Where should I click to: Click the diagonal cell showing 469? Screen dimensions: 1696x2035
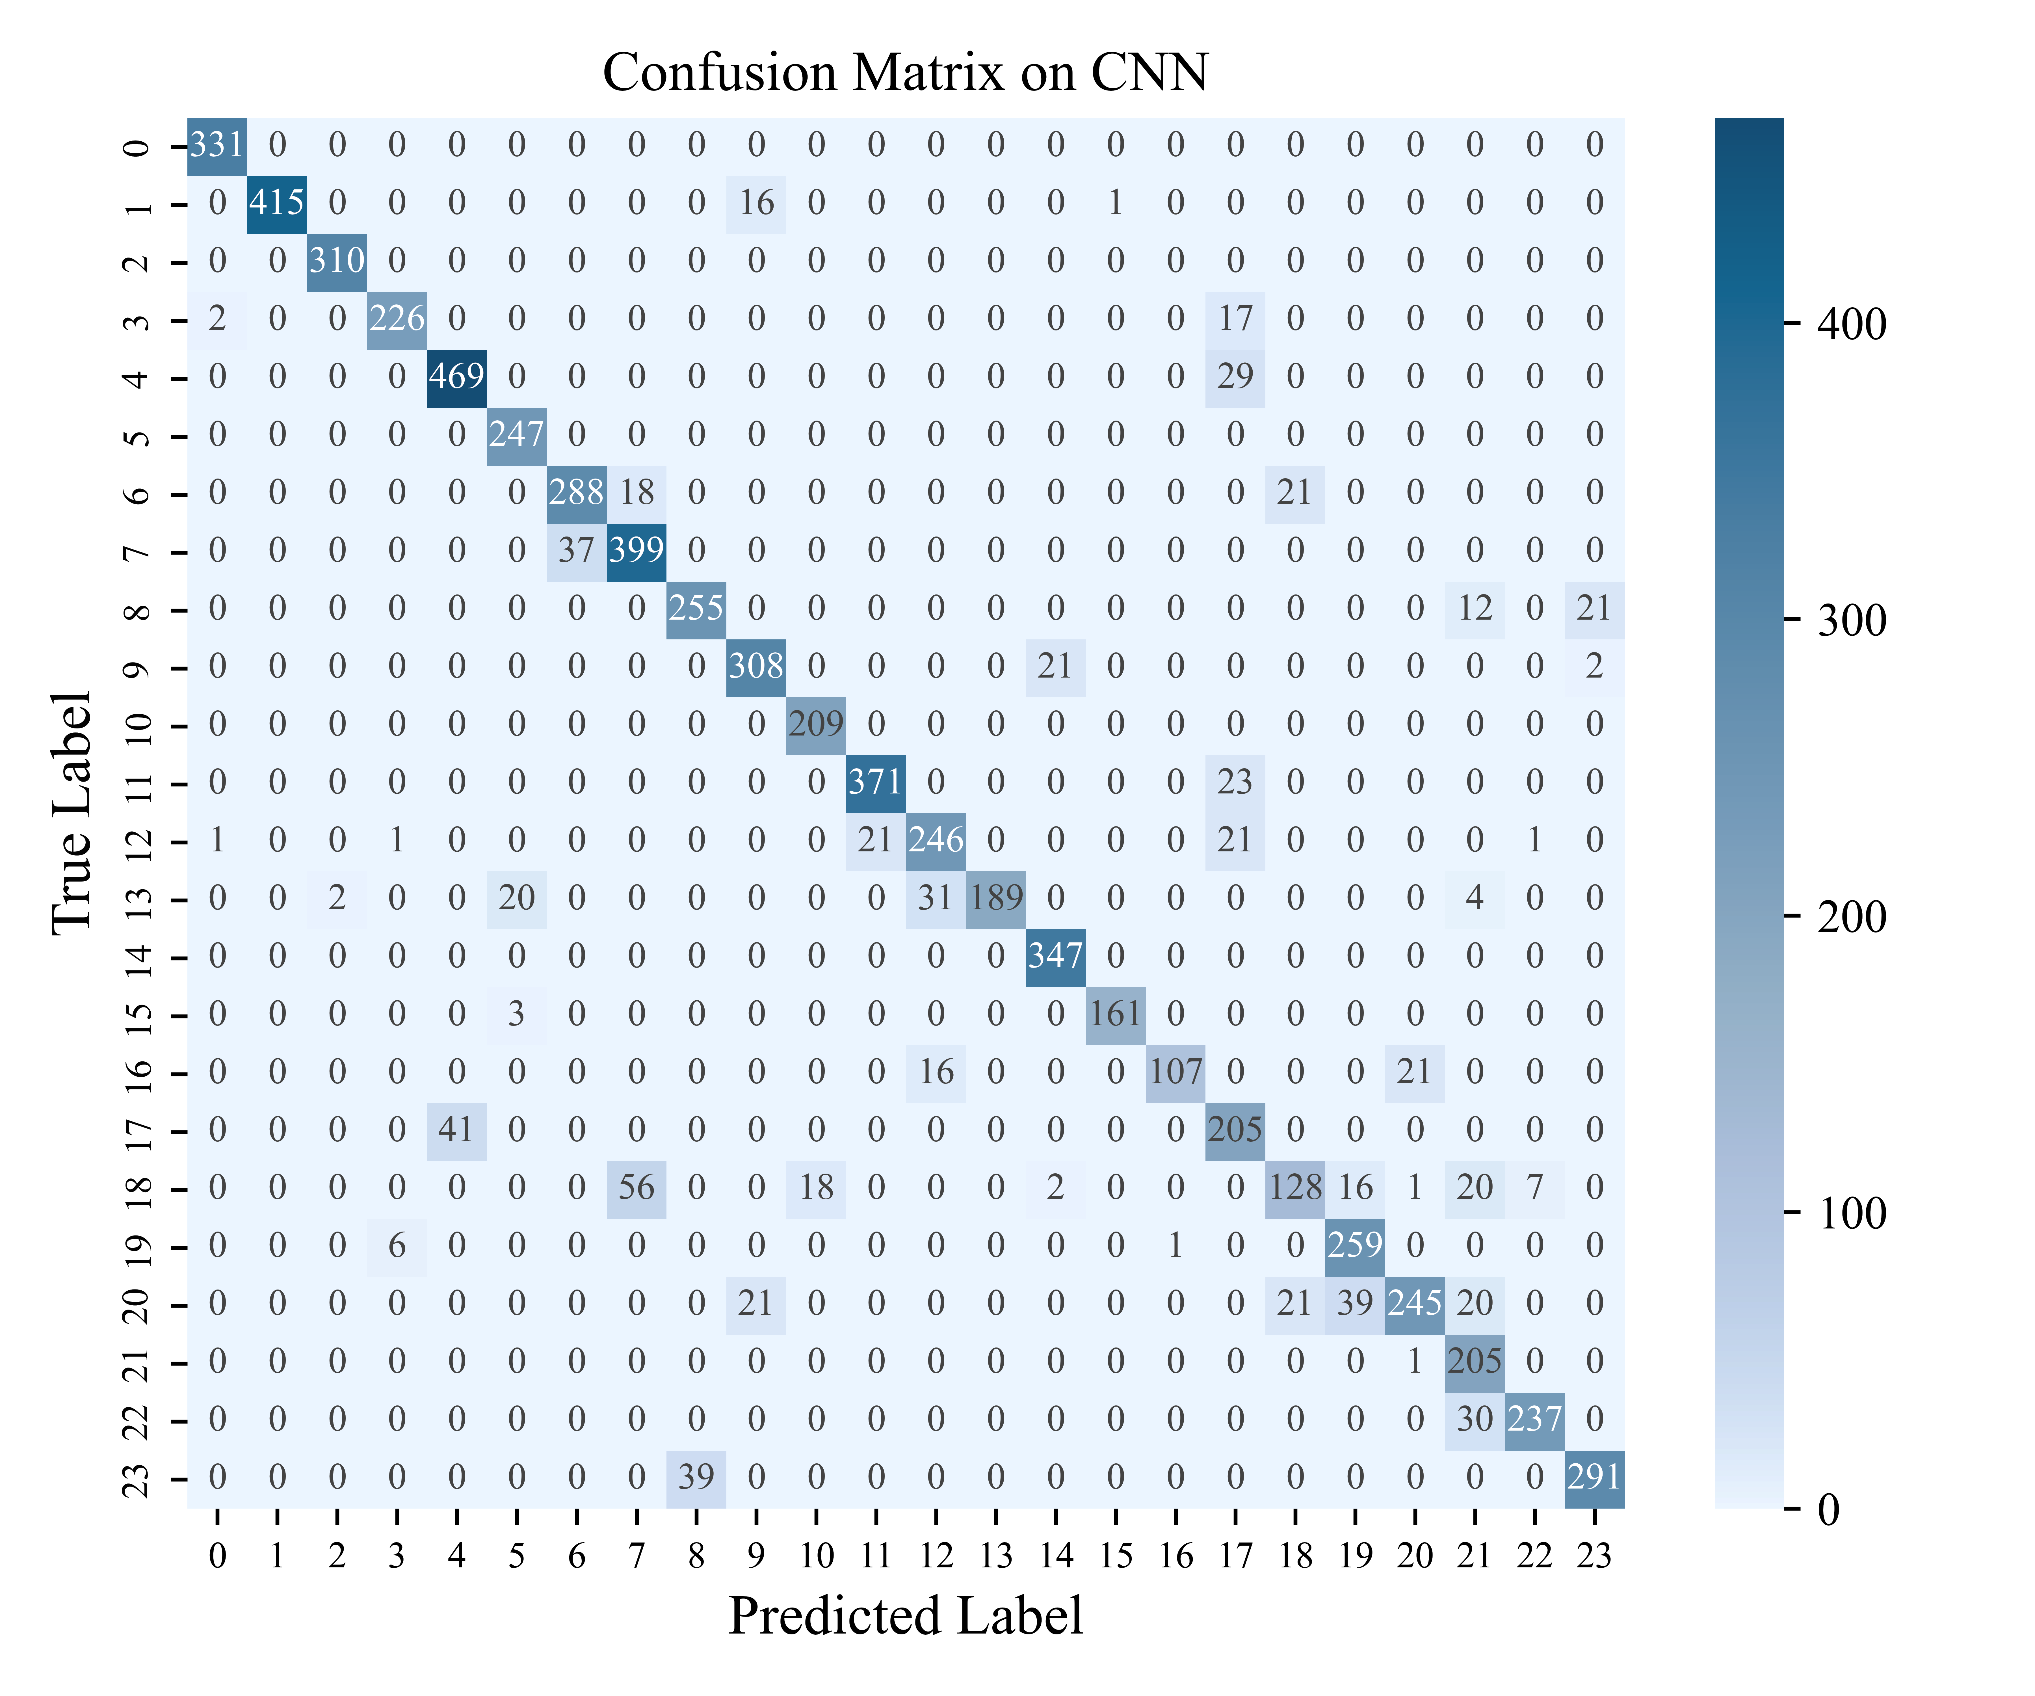coord(456,376)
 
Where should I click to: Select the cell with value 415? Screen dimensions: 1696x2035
coord(277,203)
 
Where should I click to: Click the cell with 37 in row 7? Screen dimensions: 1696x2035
coord(577,550)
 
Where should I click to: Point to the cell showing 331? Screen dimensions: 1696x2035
coord(217,145)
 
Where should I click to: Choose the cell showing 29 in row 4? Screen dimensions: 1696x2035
coord(1235,376)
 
